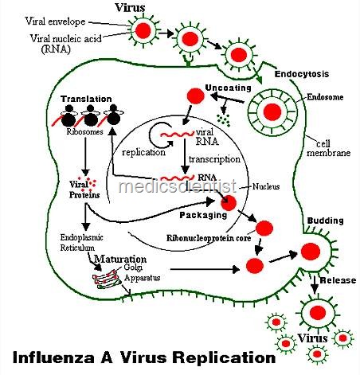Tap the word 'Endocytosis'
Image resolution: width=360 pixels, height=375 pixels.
(302, 74)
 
